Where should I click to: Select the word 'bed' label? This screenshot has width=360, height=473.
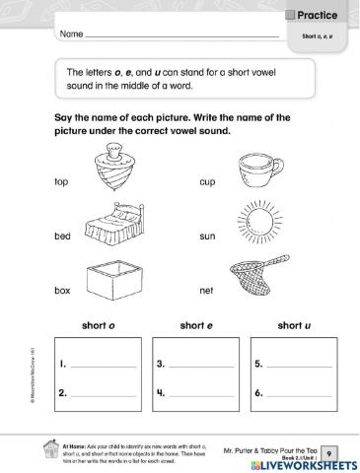63,238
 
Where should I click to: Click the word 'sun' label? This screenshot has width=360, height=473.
206,238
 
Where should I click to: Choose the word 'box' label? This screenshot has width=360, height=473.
63,293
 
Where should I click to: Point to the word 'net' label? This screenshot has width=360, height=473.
206,293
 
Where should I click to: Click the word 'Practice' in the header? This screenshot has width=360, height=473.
321,13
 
